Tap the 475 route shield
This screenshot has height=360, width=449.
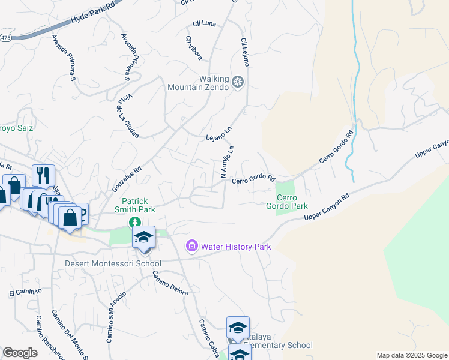tap(5, 38)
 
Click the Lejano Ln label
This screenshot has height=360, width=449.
tap(218, 134)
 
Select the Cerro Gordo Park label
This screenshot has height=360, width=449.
tap(283, 202)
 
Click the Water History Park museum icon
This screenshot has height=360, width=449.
tap(192, 246)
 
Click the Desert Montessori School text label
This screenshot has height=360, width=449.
tap(113, 263)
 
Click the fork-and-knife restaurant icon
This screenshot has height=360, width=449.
tap(43, 175)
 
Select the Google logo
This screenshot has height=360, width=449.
tap(20, 353)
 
